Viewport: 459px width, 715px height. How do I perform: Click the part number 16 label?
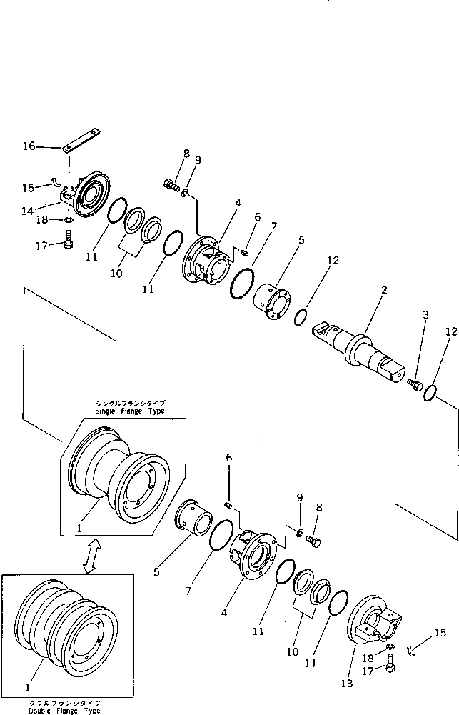[29, 146]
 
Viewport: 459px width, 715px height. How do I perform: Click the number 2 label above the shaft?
[383, 291]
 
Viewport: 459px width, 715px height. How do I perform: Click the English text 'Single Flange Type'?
[130, 411]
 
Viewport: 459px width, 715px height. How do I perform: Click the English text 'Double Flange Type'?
[65, 710]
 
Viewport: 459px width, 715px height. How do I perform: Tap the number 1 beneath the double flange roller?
[28, 687]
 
